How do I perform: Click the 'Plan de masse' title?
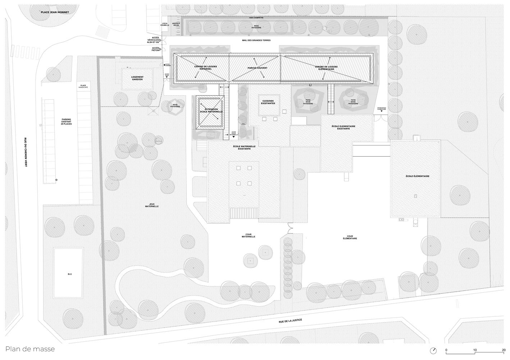pyautogui.click(x=30, y=349)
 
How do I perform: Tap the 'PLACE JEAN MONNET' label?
pyautogui.click(x=55, y=12)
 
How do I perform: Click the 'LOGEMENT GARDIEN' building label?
pyautogui.click(x=137, y=78)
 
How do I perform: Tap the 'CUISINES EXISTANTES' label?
pyautogui.click(x=268, y=102)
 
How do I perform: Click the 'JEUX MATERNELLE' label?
pyautogui.click(x=152, y=205)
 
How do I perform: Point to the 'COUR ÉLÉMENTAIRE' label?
pyautogui.click(x=350, y=237)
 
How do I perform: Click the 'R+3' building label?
pyautogui.click(x=70, y=274)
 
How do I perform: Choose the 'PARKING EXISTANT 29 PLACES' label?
pyautogui.click(x=67, y=121)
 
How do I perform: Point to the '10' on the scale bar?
pyautogui.click(x=475, y=350)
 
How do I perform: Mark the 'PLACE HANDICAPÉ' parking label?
pyautogui.click(x=83, y=87)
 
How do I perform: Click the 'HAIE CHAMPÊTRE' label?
pyautogui.click(x=256, y=18)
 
